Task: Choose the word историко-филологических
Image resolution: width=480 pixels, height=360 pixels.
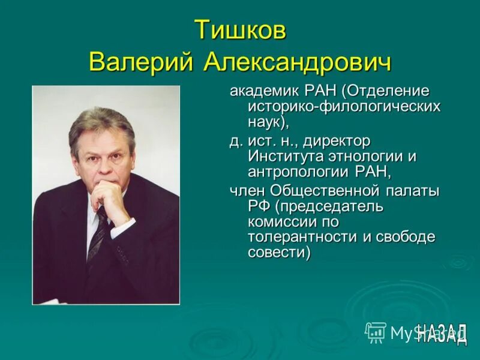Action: [344, 107]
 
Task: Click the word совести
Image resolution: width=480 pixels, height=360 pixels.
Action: [279, 253]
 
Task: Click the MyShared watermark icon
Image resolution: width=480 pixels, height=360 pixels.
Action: [376, 331]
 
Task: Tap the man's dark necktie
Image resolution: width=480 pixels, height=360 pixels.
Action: [98, 231]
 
